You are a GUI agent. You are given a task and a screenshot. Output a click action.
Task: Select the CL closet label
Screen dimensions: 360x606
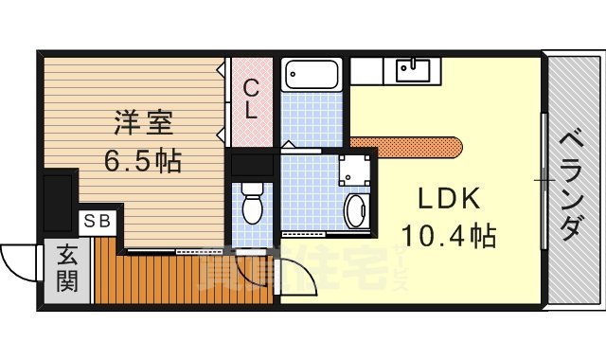click(251, 99)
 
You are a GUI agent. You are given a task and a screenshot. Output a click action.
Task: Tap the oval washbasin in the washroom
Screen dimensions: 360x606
click(356, 210)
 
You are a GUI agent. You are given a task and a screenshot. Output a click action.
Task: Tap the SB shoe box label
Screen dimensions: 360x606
click(98, 222)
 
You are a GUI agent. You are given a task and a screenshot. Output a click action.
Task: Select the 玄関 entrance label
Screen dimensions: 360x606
click(66, 268)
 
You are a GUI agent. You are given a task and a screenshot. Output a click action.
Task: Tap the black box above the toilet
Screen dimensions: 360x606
click(252, 165)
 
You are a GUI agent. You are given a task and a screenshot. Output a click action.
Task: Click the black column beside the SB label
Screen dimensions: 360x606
click(59, 201)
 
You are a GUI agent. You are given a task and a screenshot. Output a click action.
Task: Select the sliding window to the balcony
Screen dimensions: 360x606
click(544, 180)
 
